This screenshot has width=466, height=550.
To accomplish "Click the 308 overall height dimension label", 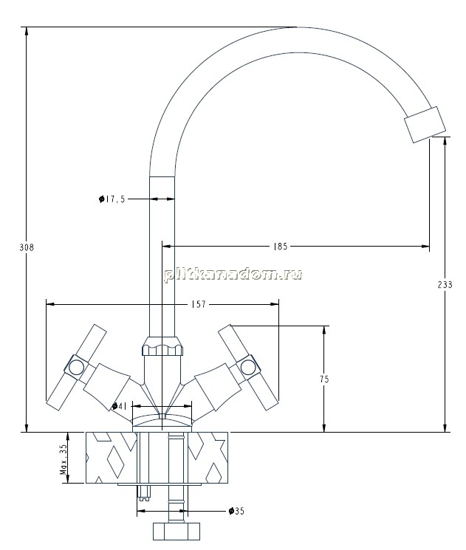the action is [x=27, y=247].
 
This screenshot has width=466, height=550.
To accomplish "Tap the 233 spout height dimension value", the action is [x=445, y=284].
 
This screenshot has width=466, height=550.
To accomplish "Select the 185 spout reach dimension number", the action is [x=281, y=247].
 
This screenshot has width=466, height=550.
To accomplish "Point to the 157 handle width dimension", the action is [x=199, y=304].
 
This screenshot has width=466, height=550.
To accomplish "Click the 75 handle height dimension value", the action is [x=324, y=379].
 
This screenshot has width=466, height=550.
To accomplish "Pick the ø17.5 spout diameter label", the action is [x=112, y=199].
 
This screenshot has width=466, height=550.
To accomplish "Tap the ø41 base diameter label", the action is [x=120, y=406].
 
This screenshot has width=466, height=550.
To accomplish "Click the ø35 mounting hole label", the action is [x=236, y=511].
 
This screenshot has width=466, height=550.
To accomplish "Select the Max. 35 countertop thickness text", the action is [x=64, y=459].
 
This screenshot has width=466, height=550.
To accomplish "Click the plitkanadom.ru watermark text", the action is [x=233, y=275].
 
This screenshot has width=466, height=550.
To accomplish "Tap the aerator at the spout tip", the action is [x=425, y=125].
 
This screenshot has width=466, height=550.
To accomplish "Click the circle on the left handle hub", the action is [x=76, y=367].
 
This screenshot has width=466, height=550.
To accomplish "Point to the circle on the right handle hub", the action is [x=247, y=367].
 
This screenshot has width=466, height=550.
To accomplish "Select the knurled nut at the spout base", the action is [x=162, y=346].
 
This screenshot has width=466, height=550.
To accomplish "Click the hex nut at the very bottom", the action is [x=177, y=531].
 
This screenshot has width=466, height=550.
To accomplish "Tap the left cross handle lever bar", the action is [x=77, y=367].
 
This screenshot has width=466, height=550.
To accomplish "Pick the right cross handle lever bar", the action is [x=248, y=367].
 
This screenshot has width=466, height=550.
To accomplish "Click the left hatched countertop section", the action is [x=112, y=458].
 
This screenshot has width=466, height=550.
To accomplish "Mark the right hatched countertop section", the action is [x=208, y=458].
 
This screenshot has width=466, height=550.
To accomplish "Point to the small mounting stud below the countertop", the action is [x=144, y=493].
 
